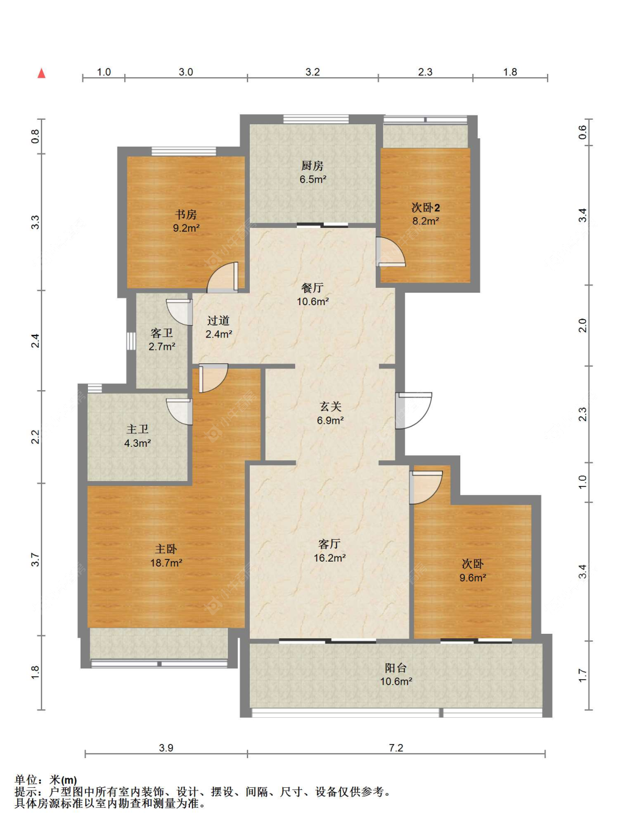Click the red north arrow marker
(41, 73)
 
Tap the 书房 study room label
(185, 215)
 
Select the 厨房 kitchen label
(312, 166)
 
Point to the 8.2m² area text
(426, 221)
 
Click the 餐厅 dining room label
(312, 288)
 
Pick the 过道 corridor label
(218, 321)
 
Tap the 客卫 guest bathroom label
(161, 333)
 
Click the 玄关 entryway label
(330, 406)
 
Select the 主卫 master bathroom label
(137, 429)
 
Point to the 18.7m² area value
(166, 563)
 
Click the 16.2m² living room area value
(329, 558)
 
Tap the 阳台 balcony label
(396, 668)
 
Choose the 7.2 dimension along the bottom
(396, 748)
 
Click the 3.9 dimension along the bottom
(166, 748)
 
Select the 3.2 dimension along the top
(312, 72)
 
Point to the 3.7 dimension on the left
(35, 559)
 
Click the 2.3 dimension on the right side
(582, 414)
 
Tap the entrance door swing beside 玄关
(413, 410)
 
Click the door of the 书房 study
(222, 277)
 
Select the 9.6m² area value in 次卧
(473, 578)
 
